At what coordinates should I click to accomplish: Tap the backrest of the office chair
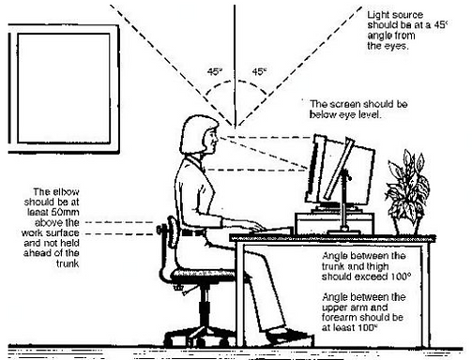click(170, 238)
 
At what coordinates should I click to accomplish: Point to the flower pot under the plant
click(406, 224)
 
